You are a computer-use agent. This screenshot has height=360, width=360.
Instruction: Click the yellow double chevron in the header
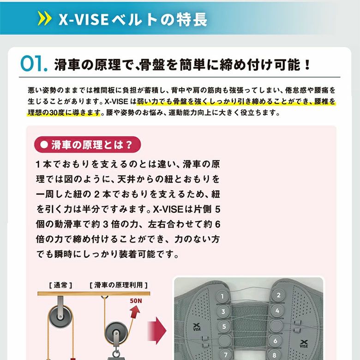45,18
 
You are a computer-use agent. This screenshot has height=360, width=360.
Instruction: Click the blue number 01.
34,64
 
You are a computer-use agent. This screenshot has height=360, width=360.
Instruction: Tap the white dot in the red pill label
44,144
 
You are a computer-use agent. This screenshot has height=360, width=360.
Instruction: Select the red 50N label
136,301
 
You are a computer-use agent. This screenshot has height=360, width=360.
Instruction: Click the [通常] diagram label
60,285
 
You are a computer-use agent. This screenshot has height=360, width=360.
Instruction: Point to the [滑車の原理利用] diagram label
119,285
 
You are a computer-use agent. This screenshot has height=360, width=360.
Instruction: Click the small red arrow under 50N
135,312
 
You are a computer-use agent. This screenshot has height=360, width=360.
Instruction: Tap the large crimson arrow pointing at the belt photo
157,330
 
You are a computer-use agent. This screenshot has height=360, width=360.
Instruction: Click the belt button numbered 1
222,296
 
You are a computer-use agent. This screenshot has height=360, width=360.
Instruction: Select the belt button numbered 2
278,295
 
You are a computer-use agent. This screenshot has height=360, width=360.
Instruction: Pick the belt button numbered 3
223,312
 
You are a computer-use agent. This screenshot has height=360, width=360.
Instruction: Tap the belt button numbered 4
277,311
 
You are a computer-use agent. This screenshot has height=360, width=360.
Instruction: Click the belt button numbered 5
224,326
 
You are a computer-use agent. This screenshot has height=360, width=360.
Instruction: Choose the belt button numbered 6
275,341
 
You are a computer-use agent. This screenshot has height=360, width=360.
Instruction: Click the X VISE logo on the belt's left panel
197,327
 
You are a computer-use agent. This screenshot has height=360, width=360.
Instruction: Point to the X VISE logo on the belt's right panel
304,344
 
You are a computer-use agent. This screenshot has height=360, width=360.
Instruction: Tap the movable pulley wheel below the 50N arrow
116,333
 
